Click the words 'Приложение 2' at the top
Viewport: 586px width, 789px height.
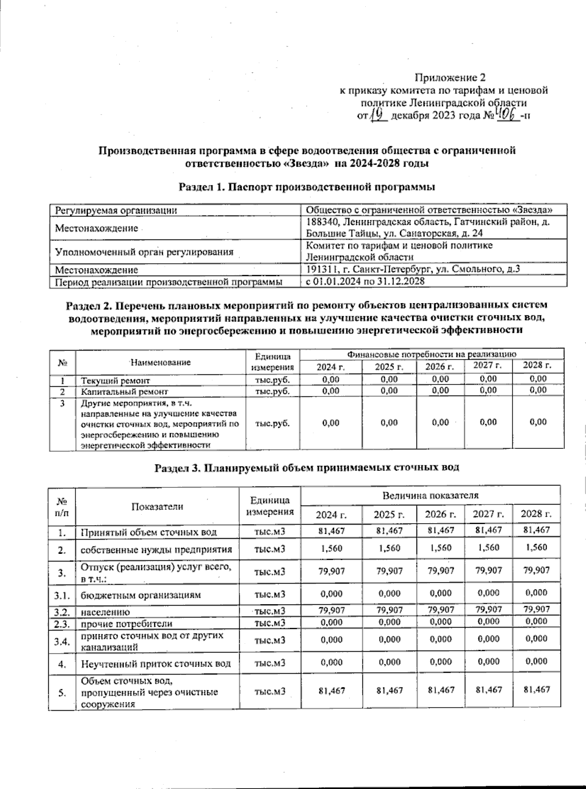[450, 77]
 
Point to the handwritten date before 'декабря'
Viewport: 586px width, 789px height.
[378, 116]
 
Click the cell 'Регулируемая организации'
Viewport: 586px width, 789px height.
[116, 210]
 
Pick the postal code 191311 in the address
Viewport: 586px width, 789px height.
[319, 269]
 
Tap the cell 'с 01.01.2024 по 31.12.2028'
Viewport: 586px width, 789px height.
[365, 282]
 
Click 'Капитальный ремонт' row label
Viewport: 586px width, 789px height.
[125, 391]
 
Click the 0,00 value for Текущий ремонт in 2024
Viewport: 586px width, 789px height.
[331, 379]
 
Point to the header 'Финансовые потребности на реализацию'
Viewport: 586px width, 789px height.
[432, 354]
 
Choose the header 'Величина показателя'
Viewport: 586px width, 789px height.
[430, 495]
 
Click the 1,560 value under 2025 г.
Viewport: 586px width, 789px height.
[389, 548]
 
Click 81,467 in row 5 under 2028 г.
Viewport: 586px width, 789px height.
[536, 689]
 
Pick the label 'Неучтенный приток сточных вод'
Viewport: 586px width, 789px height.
[155, 664]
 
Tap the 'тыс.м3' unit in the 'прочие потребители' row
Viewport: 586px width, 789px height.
[270, 623]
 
